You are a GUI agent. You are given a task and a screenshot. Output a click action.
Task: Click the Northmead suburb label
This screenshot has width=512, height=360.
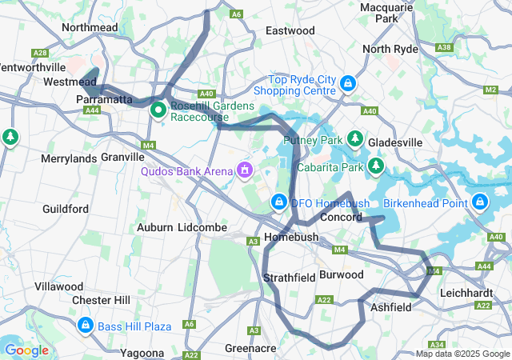pyautogui.click(x=90, y=27)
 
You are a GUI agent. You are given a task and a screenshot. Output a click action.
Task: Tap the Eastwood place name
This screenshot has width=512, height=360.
pyautogui.click(x=290, y=30)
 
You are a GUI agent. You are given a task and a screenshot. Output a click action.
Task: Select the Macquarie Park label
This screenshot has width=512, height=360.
pyautogui.click(x=386, y=12)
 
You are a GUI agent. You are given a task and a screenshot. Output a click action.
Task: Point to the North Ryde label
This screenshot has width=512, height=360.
pyautogui.click(x=390, y=49)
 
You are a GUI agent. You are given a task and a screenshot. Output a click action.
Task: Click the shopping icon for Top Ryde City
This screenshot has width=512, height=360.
pyautogui.click(x=348, y=83)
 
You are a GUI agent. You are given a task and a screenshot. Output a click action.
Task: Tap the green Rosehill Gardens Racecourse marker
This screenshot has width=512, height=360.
pyautogui.click(x=158, y=110)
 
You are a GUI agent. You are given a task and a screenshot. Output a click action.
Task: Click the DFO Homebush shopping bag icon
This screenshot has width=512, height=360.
pyautogui.click(x=278, y=202)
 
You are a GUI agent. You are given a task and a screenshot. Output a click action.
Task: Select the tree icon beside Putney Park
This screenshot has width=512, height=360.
pyautogui.click(x=355, y=140)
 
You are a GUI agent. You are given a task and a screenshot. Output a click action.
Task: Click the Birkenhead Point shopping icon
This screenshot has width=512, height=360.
pyautogui.click(x=480, y=202)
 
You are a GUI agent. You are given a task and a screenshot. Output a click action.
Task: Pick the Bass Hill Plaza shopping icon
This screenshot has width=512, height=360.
pyautogui.click(x=86, y=326)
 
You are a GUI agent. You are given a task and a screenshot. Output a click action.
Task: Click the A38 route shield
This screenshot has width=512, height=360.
pyautogui.click(x=444, y=48)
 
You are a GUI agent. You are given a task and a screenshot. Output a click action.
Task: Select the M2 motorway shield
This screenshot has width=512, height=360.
pyautogui.click(x=490, y=90)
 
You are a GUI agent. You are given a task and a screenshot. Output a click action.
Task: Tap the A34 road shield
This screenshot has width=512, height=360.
pyautogui.click(x=458, y=345)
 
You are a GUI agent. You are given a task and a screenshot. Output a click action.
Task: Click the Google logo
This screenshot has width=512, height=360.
pyautogui.click(x=26, y=350)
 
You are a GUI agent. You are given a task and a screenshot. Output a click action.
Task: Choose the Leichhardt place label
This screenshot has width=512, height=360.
pyautogui.click(x=466, y=293)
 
